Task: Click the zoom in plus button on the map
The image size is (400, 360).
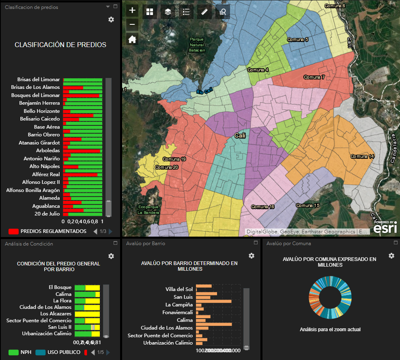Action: pyautogui.click(x=132, y=11)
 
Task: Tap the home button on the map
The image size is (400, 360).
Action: pyautogui.click(x=132, y=39)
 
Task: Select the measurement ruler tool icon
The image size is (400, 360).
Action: pyautogui.click(x=204, y=12)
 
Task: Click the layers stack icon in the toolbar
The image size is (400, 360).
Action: pyautogui.click(x=168, y=12)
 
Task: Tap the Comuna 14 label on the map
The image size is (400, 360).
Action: pyautogui.click(x=362, y=156)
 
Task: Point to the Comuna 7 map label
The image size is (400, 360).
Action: pyautogui.click(x=314, y=77)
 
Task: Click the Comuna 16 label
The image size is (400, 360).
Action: pyautogui.click(x=262, y=207)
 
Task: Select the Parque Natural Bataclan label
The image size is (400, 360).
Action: pyautogui.click(x=197, y=45)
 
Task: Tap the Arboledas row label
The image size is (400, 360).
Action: pyautogui.click(x=48, y=151)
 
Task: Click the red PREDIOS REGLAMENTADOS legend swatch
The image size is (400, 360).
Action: pyautogui.click(x=13, y=231)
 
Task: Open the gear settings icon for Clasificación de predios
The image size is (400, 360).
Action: pyautogui.click(x=111, y=19)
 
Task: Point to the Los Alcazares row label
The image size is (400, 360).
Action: pyautogui.click(x=56, y=314)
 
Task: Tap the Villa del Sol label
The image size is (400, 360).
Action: pyautogui.click(x=179, y=289)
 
